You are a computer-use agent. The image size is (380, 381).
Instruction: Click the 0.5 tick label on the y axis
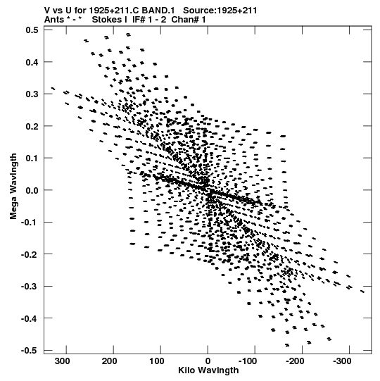click(x=32, y=30)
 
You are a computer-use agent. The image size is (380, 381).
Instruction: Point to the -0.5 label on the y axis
click(x=30, y=351)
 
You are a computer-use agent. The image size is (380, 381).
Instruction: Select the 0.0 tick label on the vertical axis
click(x=32, y=190)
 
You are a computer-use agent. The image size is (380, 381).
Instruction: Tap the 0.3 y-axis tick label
click(x=32, y=94)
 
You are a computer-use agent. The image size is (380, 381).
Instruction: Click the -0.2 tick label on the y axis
click(x=30, y=254)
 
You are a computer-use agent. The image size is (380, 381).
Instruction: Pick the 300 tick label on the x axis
click(x=63, y=361)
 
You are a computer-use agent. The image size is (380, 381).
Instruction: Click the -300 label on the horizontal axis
click(x=342, y=361)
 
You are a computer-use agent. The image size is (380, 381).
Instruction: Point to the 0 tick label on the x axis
click(x=208, y=361)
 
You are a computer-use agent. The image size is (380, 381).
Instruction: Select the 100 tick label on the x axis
click(x=157, y=361)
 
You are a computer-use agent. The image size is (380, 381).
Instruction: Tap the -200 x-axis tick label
click(x=295, y=361)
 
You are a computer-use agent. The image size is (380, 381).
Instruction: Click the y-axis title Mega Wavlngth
click(x=13, y=186)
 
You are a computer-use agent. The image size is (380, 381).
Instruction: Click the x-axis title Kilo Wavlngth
click(x=208, y=370)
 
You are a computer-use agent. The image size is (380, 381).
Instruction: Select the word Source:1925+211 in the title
click(x=220, y=11)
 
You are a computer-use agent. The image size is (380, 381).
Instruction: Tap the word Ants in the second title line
click(x=54, y=20)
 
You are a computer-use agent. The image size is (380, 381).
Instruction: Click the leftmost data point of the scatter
click(x=53, y=89)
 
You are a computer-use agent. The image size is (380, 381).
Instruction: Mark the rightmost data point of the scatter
click(x=362, y=292)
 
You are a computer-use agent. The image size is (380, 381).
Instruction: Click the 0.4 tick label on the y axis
click(x=32, y=62)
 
